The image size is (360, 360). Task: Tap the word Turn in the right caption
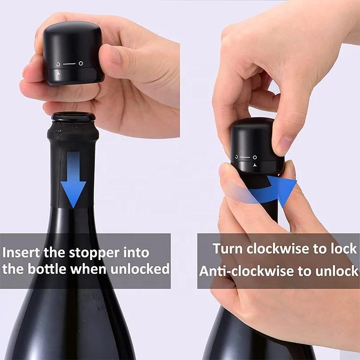click(228, 248)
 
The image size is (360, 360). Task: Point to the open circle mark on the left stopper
click(81, 63)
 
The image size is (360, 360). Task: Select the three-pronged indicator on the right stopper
click(255, 165)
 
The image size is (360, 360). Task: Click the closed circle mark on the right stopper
click(236, 157)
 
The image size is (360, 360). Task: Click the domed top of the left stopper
click(67, 34)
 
